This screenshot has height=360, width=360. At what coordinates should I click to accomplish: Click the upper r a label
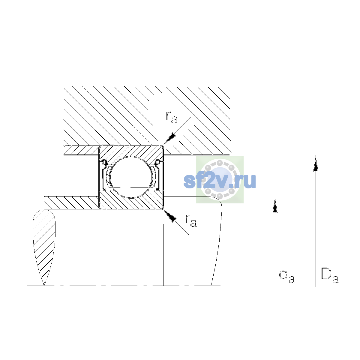click(x=172, y=118)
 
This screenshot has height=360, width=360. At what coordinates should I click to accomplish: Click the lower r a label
click(x=191, y=221)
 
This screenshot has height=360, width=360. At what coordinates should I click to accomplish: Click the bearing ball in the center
click(x=131, y=177)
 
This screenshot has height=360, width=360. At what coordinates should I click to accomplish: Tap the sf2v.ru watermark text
click(x=220, y=181)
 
